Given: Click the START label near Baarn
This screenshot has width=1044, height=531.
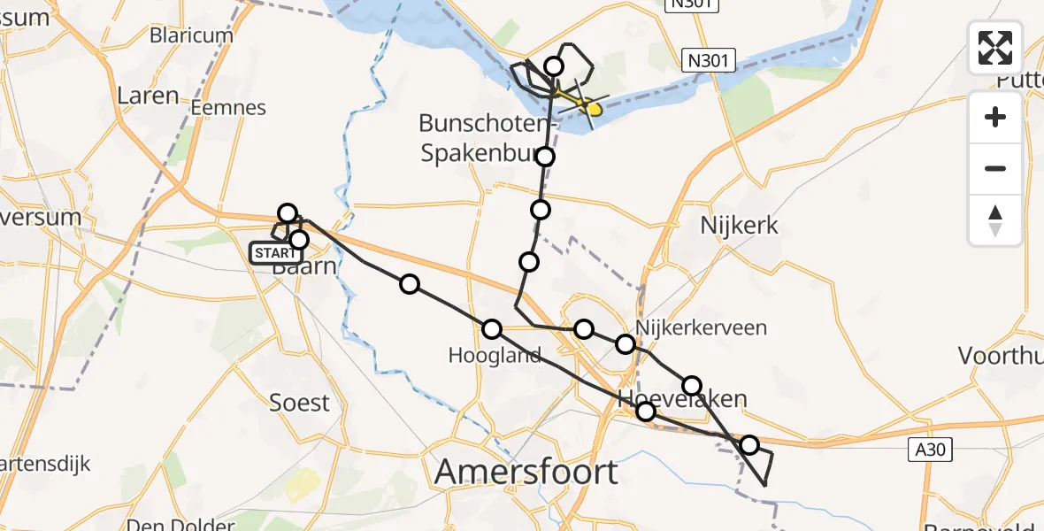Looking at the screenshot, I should pyautogui.click(x=275, y=253).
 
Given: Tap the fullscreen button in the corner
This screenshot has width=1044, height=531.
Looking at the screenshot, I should pyautogui.click(x=995, y=48).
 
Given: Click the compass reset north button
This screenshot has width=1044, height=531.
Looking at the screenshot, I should pyautogui.click(x=995, y=219).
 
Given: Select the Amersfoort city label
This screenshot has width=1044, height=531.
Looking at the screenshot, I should pyautogui.click(x=526, y=472).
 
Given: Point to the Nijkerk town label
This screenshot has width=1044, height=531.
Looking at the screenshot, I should pyautogui.click(x=739, y=225).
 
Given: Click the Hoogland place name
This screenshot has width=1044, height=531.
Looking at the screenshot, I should pyautogui.click(x=495, y=356).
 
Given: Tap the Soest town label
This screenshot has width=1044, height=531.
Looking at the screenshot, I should pyautogui.click(x=299, y=403).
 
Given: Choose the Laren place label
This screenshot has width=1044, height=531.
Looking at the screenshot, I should pyautogui.click(x=148, y=96).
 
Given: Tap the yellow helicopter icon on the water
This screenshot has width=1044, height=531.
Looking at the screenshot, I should pyautogui.click(x=592, y=109).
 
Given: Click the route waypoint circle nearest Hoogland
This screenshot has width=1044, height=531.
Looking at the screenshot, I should pyautogui.click(x=492, y=329).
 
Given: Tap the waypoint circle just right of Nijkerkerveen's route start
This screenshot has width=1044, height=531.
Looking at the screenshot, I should pyautogui.click(x=626, y=344).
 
